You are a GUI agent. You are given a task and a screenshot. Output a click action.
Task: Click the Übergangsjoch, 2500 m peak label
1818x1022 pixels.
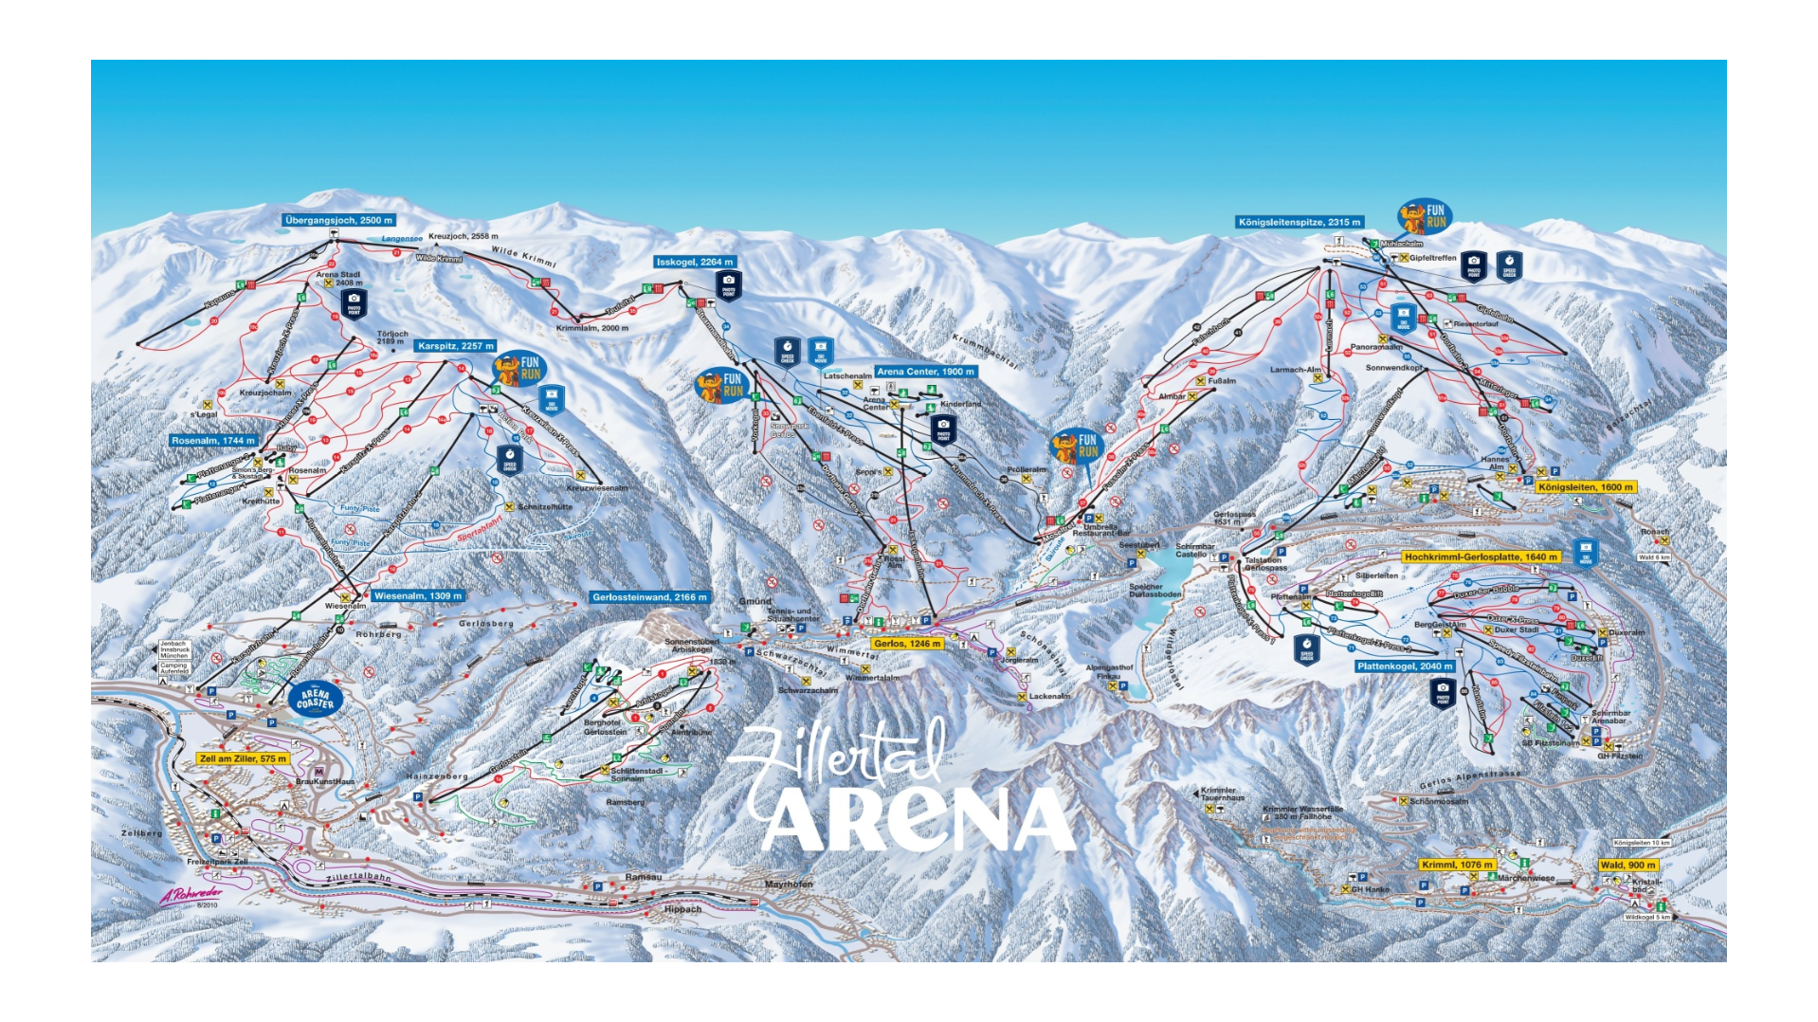pyautogui.click(x=338, y=220)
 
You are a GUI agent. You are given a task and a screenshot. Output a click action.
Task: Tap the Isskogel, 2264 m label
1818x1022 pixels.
pyautogui.click(x=696, y=262)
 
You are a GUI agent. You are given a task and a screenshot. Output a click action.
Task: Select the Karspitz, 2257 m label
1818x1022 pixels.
pyautogui.click(x=456, y=346)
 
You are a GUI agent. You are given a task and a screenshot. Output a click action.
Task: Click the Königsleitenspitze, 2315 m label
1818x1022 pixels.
pyautogui.click(x=1300, y=222)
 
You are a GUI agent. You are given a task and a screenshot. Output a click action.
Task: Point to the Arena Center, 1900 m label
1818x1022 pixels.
pyautogui.click(x=924, y=372)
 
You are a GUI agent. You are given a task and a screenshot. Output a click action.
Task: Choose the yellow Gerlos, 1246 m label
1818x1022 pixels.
pyautogui.click(x=907, y=643)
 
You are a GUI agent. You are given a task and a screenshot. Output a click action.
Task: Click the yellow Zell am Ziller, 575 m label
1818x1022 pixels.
pyautogui.click(x=243, y=758)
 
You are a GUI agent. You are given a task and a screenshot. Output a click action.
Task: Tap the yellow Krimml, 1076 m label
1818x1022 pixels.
pyautogui.click(x=1457, y=865)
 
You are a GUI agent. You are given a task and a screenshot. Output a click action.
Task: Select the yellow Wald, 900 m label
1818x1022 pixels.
pyautogui.click(x=1627, y=865)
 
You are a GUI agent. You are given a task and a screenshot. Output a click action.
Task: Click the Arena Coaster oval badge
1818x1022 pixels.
pyautogui.click(x=315, y=700)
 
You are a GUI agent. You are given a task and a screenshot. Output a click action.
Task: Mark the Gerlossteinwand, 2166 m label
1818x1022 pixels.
pyautogui.click(x=649, y=597)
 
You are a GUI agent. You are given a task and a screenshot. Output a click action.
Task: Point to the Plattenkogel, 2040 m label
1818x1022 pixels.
pyautogui.click(x=1404, y=666)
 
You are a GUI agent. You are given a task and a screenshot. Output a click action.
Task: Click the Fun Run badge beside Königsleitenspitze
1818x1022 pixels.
pyautogui.click(x=1426, y=217)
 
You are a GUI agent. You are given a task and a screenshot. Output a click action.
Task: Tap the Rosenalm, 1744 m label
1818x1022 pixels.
pyautogui.click(x=213, y=441)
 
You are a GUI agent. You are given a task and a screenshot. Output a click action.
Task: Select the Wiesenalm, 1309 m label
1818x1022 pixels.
pyautogui.click(x=418, y=596)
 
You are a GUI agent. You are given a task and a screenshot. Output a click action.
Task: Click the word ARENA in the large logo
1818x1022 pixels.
pyautogui.click(x=917, y=819)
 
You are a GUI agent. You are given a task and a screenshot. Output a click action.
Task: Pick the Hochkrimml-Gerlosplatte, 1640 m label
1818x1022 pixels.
pyautogui.click(x=1481, y=557)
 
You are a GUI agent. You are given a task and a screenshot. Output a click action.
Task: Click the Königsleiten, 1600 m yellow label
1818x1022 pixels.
pyautogui.click(x=1585, y=487)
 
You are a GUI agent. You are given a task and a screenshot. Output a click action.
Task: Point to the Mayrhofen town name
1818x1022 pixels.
pyautogui.click(x=789, y=885)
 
